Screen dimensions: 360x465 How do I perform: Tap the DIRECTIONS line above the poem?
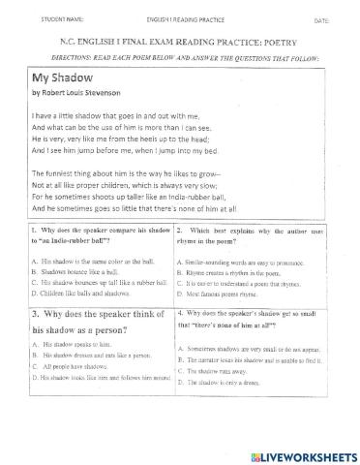[x=180, y=58]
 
